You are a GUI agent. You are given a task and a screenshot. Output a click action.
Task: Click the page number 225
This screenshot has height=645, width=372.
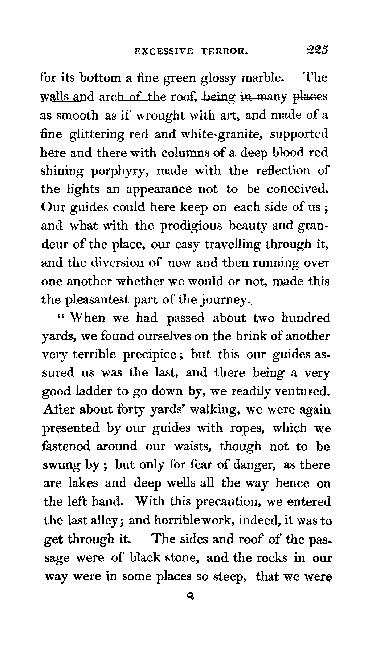point(317,50)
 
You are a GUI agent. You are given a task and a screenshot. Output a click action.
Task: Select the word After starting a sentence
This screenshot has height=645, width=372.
point(58,410)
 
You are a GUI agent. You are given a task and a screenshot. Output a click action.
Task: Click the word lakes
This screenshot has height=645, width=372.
point(83,483)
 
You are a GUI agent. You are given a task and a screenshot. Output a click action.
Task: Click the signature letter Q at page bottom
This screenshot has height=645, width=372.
point(189,596)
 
